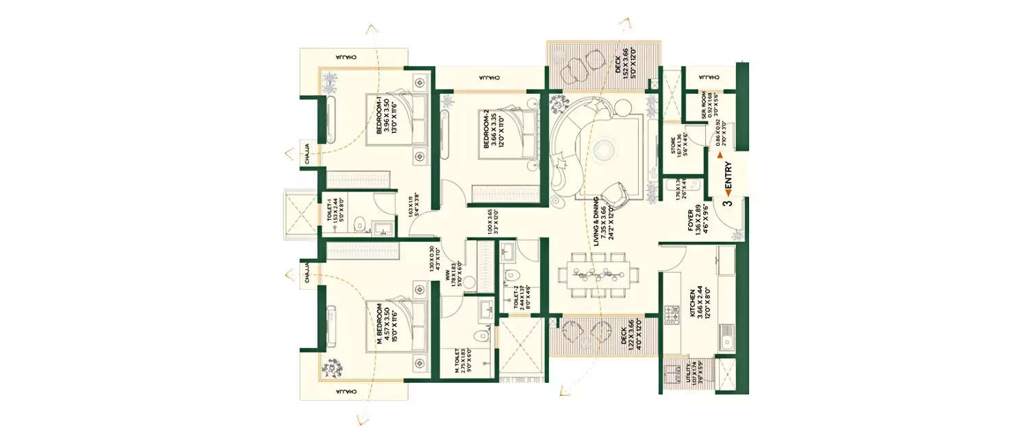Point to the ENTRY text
point(728,177)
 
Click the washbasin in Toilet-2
point(509,253)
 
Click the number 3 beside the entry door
point(728,202)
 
